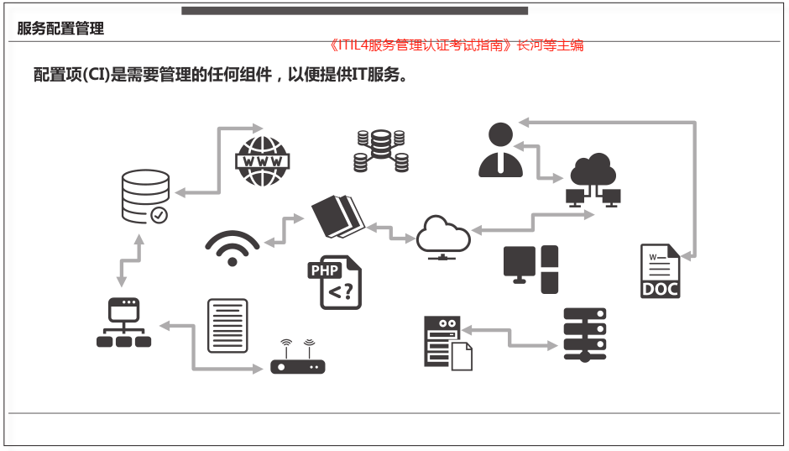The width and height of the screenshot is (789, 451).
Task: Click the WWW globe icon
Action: [263, 161]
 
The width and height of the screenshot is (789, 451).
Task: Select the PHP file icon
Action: [334, 282]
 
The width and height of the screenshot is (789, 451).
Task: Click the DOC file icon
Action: [660, 271]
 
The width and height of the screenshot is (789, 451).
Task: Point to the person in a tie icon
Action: [500, 150]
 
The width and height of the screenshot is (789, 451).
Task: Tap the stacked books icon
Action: [338, 216]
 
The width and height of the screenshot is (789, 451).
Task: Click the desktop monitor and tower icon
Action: [530, 269]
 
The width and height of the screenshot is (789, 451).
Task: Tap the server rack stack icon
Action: [585, 333]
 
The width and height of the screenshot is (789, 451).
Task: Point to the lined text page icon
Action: [227, 325]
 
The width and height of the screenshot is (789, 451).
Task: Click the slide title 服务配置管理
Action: [60, 29]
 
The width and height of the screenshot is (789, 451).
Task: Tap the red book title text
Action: [457, 45]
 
